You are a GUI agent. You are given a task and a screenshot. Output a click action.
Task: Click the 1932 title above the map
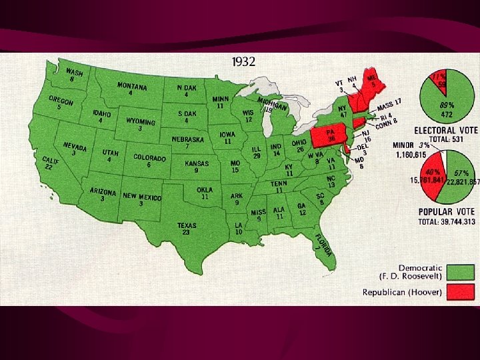[243, 62]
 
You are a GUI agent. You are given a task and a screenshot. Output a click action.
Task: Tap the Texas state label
[187, 228]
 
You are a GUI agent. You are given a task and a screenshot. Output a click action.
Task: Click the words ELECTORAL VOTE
[445, 130]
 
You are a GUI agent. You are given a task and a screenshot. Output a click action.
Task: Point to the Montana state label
[133, 89]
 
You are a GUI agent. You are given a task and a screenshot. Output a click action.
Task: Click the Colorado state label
[149, 160]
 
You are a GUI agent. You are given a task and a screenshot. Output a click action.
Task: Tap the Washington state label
[73, 75]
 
